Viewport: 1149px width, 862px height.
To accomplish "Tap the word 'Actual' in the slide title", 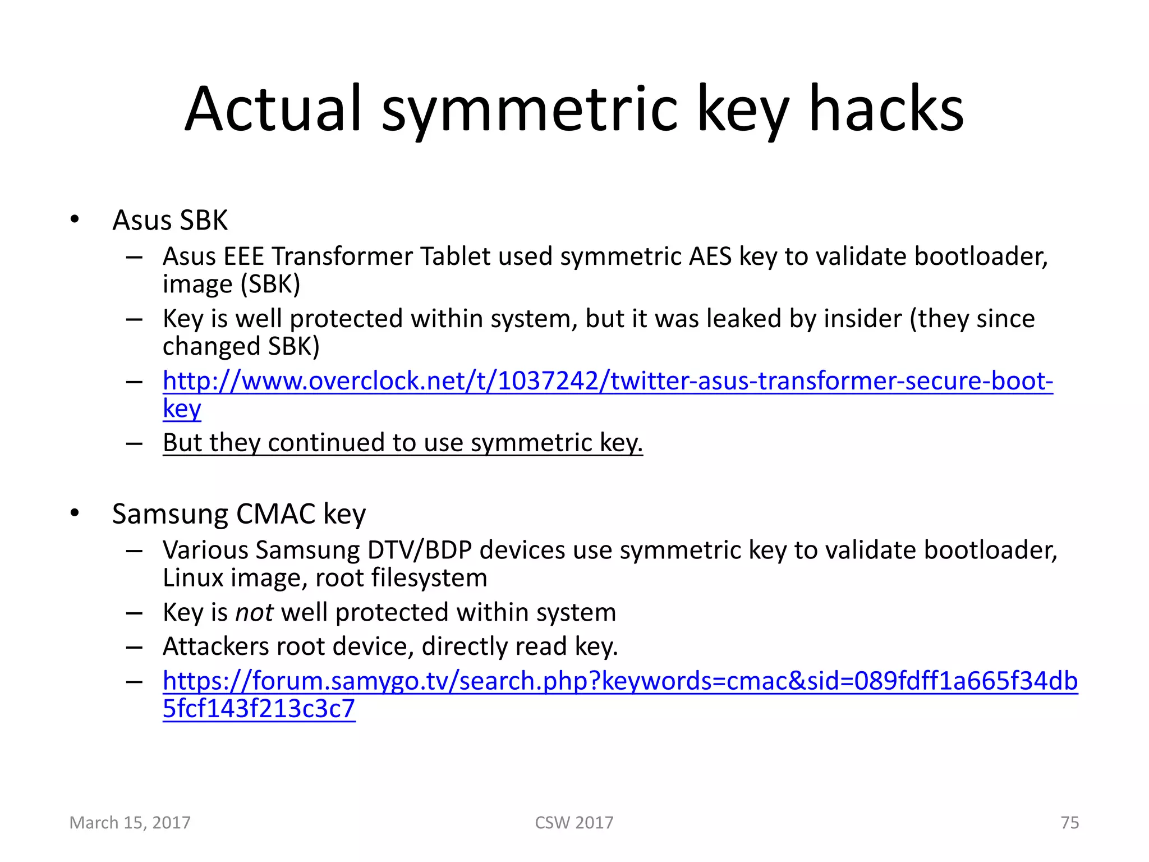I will [273, 109].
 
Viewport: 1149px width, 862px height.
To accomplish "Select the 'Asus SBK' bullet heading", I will [170, 220].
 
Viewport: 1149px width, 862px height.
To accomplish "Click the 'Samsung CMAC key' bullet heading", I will [239, 514].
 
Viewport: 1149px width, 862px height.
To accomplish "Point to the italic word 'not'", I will [254, 612].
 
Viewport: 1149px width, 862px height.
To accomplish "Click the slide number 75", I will [1069, 822].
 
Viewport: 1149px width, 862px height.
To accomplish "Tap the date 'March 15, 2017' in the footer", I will [130, 822].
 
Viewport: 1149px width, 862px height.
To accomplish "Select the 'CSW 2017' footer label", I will [574, 822].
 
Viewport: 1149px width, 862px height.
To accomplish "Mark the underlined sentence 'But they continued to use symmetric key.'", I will [403, 443].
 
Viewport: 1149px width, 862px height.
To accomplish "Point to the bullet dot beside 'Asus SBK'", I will [75, 219].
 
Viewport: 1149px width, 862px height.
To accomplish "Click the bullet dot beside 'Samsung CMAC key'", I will [75, 513].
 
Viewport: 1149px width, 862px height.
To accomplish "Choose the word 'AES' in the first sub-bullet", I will [710, 257].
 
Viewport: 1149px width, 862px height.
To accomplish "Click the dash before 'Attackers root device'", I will [135, 647].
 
